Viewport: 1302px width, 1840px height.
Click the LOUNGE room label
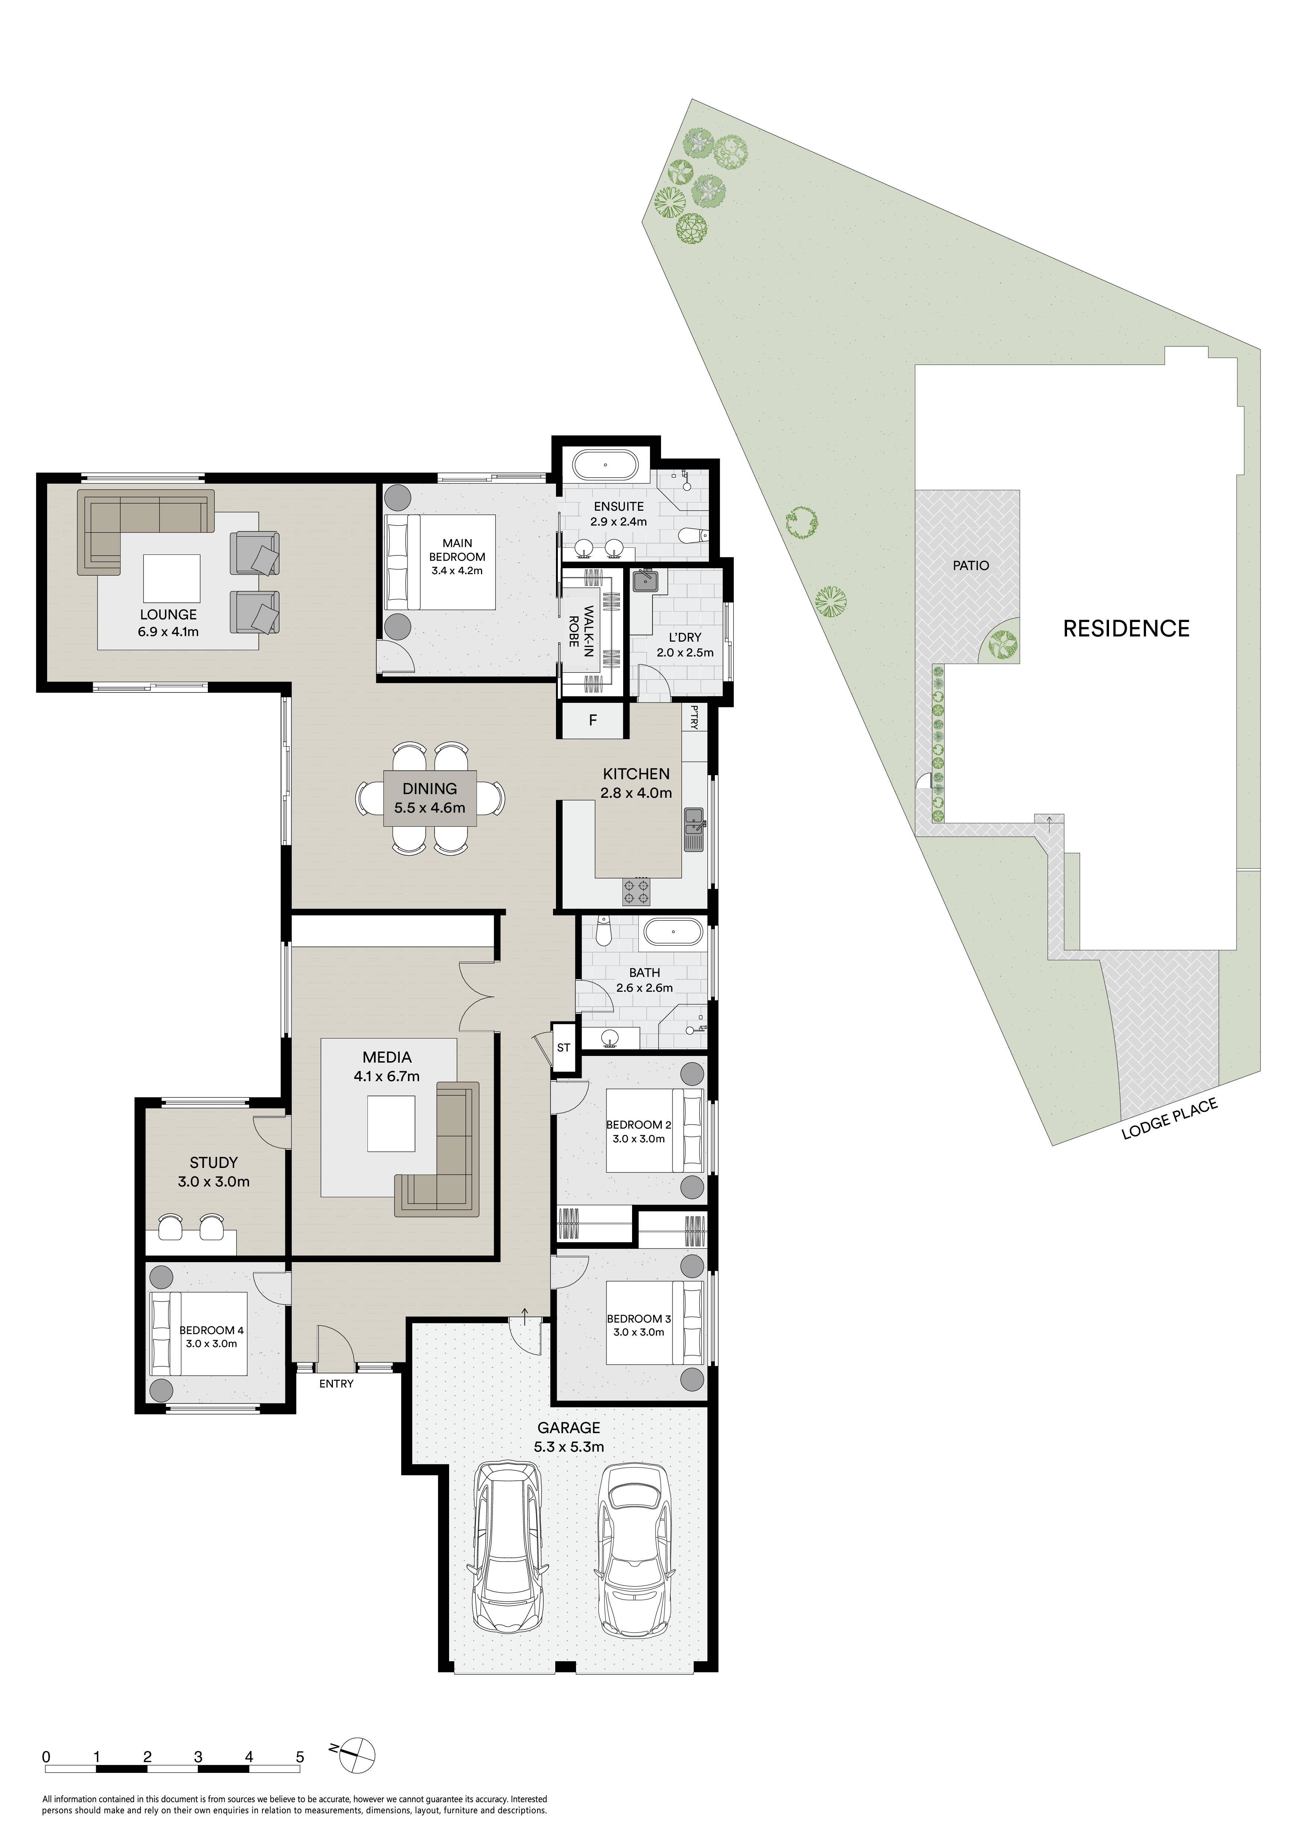point(169,615)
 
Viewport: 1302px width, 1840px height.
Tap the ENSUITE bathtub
point(605,465)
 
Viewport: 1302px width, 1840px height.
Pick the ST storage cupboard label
point(564,1047)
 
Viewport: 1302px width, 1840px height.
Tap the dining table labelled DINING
point(430,798)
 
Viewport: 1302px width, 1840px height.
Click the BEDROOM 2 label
point(639,1125)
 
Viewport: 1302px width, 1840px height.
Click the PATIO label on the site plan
point(971,566)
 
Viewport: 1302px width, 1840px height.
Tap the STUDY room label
point(214,1162)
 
